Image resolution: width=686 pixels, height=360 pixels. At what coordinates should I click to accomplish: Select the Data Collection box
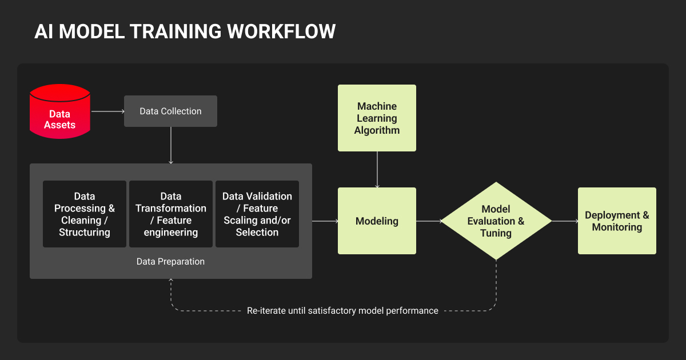pyautogui.click(x=170, y=111)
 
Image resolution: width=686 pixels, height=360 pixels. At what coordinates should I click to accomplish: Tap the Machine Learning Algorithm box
pyautogui.click(x=377, y=118)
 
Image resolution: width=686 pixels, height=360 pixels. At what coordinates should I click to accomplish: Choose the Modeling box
pyautogui.click(x=377, y=221)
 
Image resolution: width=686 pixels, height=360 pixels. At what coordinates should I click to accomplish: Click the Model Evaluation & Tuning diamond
pyautogui.click(x=496, y=221)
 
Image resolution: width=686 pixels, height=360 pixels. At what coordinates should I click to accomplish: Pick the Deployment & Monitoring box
pyautogui.click(x=617, y=221)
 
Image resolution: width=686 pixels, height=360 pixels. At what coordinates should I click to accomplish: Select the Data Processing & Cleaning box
pyautogui.click(x=85, y=214)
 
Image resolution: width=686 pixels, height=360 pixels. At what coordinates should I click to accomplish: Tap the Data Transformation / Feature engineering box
pyautogui.click(x=171, y=214)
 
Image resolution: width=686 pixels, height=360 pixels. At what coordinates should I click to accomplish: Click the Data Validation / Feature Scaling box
pyautogui.click(x=257, y=214)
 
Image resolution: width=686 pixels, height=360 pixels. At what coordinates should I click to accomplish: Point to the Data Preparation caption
pyautogui.click(x=170, y=262)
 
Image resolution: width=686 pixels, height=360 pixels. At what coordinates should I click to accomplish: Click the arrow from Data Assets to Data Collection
pyautogui.click(x=107, y=111)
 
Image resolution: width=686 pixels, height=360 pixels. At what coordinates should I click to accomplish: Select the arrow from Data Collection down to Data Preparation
pyautogui.click(x=170, y=145)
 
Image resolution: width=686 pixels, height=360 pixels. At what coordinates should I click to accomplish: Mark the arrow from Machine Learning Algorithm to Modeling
pyautogui.click(x=377, y=169)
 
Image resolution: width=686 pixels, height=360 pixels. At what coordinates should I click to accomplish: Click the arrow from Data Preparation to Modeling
pyautogui.click(x=325, y=221)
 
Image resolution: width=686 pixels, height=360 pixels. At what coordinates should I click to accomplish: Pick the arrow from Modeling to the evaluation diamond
pyautogui.click(x=429, y=221)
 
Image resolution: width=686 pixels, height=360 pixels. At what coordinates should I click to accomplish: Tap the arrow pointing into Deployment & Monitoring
pyautogui.click(x=565, y=221)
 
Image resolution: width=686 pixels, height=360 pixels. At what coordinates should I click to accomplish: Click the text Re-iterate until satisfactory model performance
pyautogui.click(x=342, y=311)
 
